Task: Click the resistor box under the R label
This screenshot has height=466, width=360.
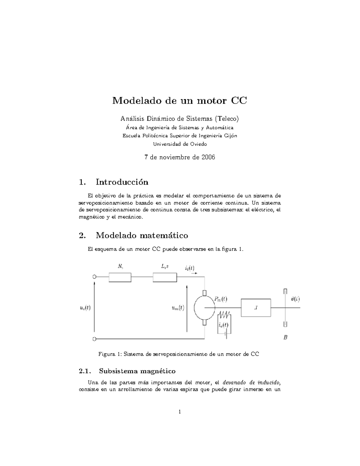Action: tap(120, 278)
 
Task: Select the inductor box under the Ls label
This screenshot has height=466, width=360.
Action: tap(165, 278)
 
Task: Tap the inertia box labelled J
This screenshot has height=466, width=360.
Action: tap(256, 308)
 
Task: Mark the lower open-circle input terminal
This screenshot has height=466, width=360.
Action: tap(94, 339)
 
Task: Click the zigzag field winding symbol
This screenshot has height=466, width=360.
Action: tap(224, 315)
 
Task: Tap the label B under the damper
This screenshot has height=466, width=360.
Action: tap(285, 337)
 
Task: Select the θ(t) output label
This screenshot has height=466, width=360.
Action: tap(295, 299)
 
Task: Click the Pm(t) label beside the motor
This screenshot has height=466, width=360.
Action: tap(220, 299)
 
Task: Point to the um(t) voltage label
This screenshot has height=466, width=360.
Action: tap(178, 308)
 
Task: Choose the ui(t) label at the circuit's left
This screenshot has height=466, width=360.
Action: tap(85, 308)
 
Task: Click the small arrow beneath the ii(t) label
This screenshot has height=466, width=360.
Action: tap(194, 273)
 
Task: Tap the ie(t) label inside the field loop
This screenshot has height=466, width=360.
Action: tap(223, 325)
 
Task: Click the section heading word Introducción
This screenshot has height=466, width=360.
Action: tap(122, 182)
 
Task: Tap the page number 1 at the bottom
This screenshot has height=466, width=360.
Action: tap(180, 412)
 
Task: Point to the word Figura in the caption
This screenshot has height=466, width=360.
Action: tap(106, 354)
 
